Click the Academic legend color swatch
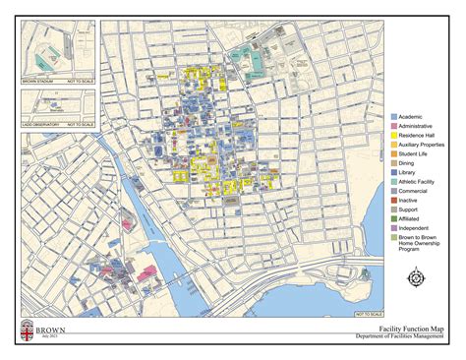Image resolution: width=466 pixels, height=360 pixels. coord(394,116)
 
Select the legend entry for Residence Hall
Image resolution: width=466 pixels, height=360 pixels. coord(419,135)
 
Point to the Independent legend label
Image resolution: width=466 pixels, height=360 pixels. coord(416,226)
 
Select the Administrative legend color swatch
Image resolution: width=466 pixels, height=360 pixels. coord(394,126)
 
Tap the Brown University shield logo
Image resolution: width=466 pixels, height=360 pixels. coord(27,331)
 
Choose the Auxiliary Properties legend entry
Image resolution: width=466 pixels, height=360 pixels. coord(425,144)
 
